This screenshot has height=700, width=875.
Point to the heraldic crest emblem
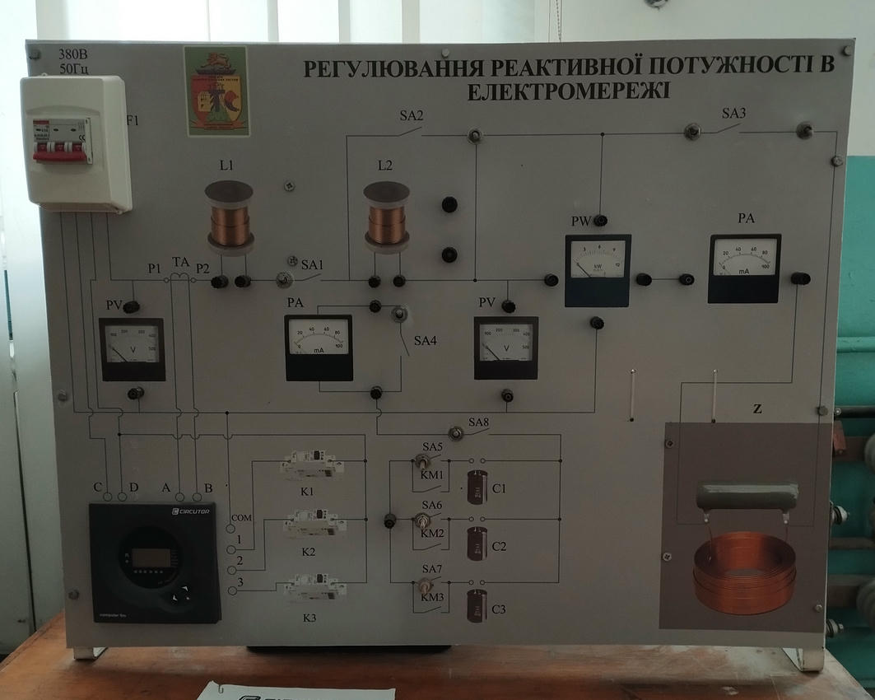point(216,90)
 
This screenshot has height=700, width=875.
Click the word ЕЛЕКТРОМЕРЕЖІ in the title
point(568,90)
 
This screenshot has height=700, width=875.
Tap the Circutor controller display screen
point(151,558)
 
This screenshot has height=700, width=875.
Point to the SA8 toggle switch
point(454,432)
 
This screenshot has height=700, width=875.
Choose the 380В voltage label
point(73,54)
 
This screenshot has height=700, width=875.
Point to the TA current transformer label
point(180,262)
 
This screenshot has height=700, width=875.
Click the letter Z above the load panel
point(756,408)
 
